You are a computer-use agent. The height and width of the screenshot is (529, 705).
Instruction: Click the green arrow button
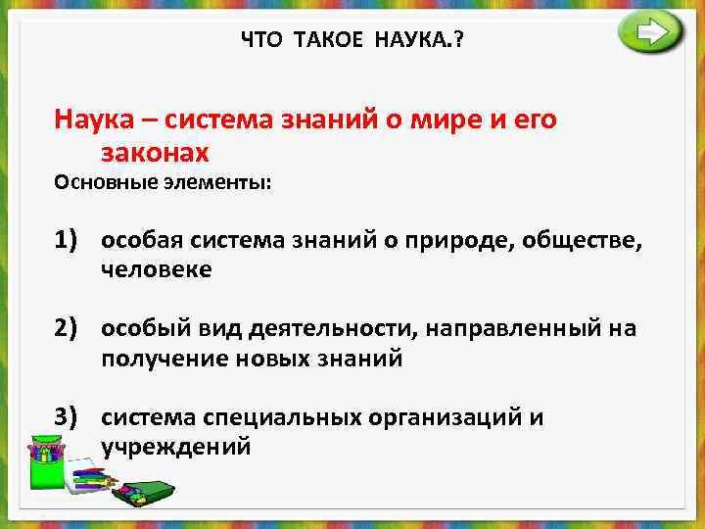point(650,33)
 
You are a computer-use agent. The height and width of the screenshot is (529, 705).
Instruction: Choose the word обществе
point(582,241)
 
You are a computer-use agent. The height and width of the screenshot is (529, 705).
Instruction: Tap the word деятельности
point(291,329)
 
